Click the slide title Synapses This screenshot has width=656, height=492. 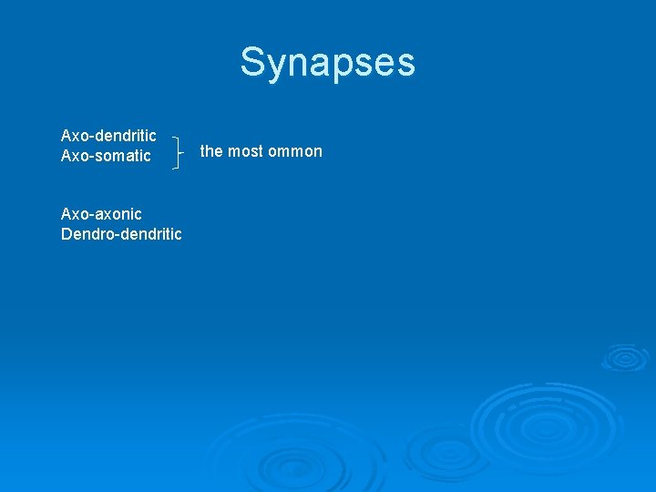pyautogui.click(x=327, y=63)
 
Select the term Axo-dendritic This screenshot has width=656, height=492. pyautogui.click(x=108, y=136)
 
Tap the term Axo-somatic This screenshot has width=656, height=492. pyautogui.click(x=106, y=156)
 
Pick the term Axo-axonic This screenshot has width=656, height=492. pyautogui.click(x=101, y=214)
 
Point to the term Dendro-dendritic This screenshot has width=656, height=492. pyautogui.click(x=121, y=234)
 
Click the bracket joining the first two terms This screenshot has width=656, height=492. pyautogui.click(x=176, y=151)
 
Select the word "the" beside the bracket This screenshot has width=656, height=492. pyautogui.click(x=210, y=151)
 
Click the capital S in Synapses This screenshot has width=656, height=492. pyautogui.click(x=252, y=63)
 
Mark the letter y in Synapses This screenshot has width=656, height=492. pyautogui.click(x=275, y=67)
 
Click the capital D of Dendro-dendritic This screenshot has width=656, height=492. pyautogui.click(x=67, y=234)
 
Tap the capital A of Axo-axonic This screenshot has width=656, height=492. pyautogui.click(x=66, y=214)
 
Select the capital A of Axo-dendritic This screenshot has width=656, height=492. pyautogui.click(x=66, y=136)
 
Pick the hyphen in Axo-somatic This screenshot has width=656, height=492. pyautogui.click(x=90, y=157)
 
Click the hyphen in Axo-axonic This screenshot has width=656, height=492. pyautogui.click(x=90, y=215)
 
